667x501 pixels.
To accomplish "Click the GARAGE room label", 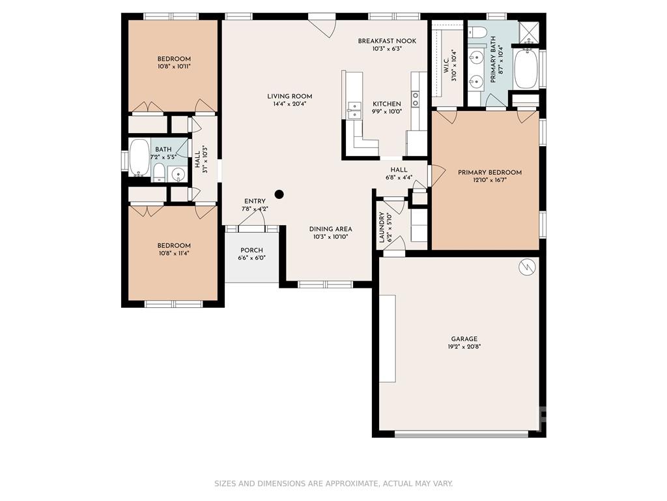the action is tap(464, 339).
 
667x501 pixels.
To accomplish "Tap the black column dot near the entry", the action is tap(279, 194).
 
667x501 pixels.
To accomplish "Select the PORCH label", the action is tap(252, 250).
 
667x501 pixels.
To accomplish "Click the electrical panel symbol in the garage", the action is tap(526, 267).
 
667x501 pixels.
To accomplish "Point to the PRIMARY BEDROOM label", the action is tap(490, 172).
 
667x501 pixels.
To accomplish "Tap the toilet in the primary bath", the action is tap(479, 32).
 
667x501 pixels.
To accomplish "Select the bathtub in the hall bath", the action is tap(139, 157).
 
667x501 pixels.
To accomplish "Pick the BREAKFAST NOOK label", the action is tap(387, 41).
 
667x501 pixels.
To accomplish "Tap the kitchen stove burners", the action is tap(415, 99).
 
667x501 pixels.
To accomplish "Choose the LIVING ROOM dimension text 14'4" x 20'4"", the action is tap(290, 104).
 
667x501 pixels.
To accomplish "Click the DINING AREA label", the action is tap(330, 229).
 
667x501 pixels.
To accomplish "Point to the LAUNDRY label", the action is tap(382, 227).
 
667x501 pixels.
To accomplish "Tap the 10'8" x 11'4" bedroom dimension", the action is tap(173, 253).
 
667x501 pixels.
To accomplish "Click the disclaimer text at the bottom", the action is tap(333, 483).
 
